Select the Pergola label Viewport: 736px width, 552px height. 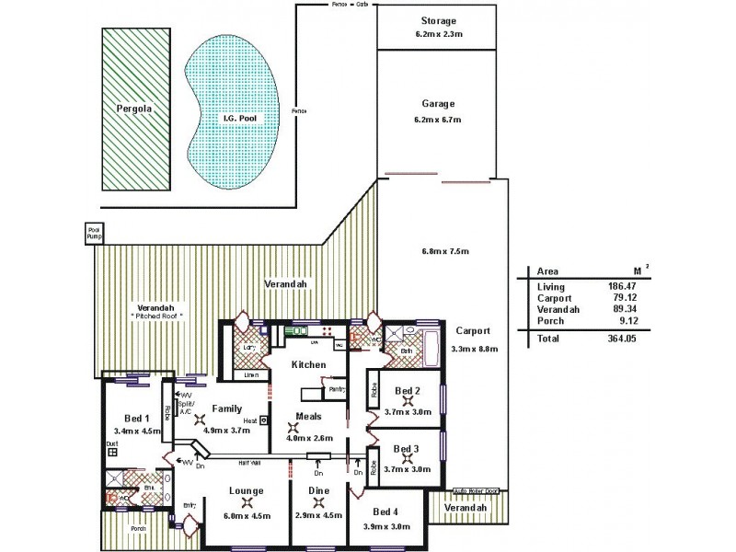click(x=133, y=108)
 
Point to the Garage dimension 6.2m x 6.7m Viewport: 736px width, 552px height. click(x=438, y=120)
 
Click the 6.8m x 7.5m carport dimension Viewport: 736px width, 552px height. click(x=445, y=252)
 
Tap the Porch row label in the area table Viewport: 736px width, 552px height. click(x=550, y=320)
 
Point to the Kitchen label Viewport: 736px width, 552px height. click(x=308, y=365)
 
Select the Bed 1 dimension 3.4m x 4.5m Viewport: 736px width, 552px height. click(x=136, y=430)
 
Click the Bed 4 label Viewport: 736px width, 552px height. click(x=386, y=512)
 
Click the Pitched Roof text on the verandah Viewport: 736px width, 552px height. click(x=156, y=316)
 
